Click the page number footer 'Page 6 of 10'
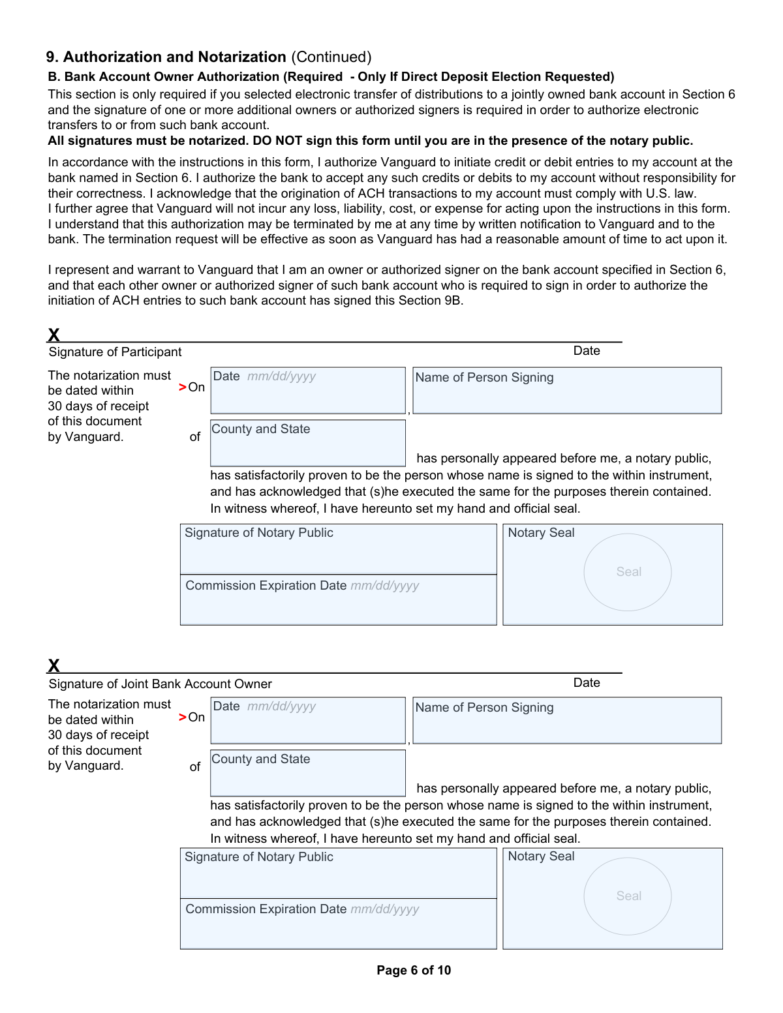(414, 970)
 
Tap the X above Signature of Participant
(54, 335)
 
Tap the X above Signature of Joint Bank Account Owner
(54, 665)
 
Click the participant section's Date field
(307, 391)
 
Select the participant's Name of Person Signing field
(567, 391)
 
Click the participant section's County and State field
(307, 443)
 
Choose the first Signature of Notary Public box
(338, 549)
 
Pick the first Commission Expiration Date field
(338, 600)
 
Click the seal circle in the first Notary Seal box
(628, 572)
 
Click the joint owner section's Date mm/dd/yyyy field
(307, 721)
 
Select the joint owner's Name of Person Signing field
(567, 721)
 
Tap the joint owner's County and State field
(307, 773)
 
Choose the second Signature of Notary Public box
(338, 873)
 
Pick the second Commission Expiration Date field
(338, 924)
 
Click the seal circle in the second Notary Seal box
(628, 896)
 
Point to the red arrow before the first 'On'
(183, 387)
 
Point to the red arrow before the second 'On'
(183, 718)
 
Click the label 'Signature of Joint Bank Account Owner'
(160, 684)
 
